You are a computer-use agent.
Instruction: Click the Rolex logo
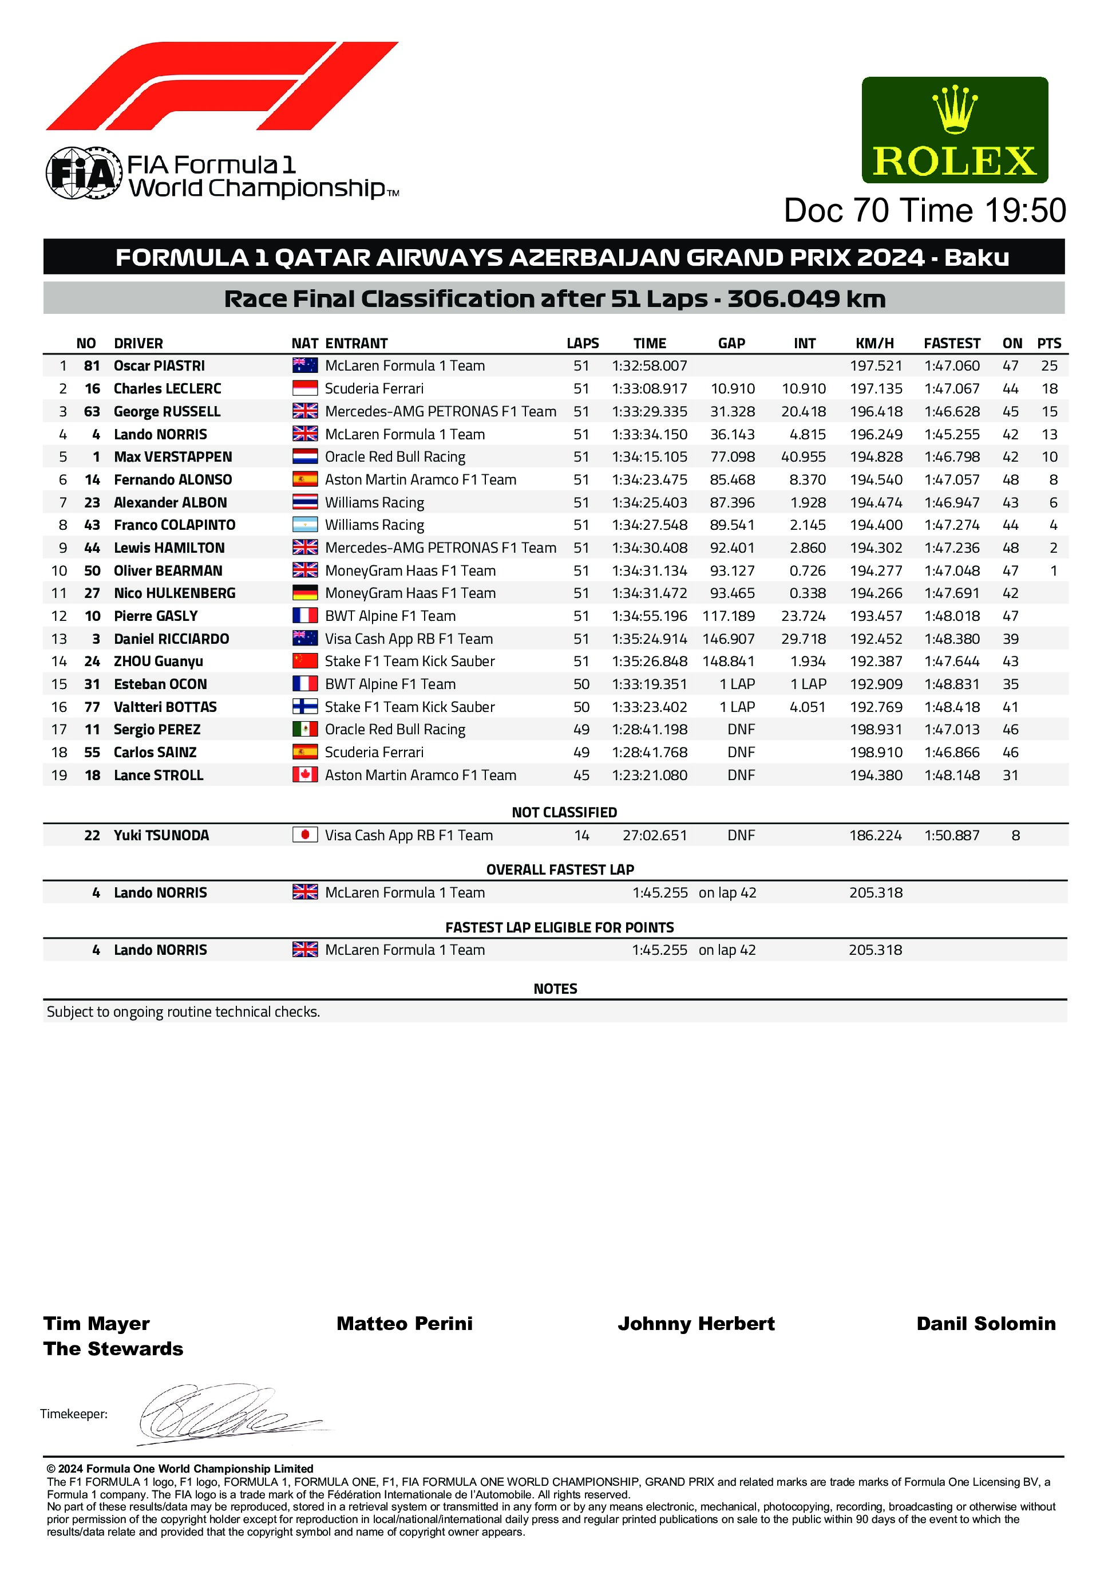click(955, 130)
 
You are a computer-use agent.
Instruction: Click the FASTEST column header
click(952, 344)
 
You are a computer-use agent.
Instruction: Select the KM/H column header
click(875, 344)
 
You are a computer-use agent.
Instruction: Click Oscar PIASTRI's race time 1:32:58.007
click(649, 366)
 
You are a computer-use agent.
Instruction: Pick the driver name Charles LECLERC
click(167, 389)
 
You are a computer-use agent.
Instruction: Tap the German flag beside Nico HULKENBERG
click(305, 593)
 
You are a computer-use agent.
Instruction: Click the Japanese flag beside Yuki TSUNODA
click(305, 835)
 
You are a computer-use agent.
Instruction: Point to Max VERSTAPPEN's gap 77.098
click(733, 457)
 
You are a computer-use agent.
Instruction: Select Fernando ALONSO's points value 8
click(1053, 480)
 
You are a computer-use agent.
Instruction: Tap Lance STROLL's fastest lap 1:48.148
click(952, 776)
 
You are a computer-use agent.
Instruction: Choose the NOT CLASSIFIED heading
click(564, 812)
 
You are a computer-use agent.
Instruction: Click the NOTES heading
click(555, 989)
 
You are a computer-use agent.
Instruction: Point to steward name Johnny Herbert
click(696, 1324)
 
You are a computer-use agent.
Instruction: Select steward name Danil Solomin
click(986, 1324)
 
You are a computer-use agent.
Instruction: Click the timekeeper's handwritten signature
click(226, 1414)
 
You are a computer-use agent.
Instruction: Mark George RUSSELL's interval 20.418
click(803, 412)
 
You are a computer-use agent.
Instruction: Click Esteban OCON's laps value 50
click(581, 684)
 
